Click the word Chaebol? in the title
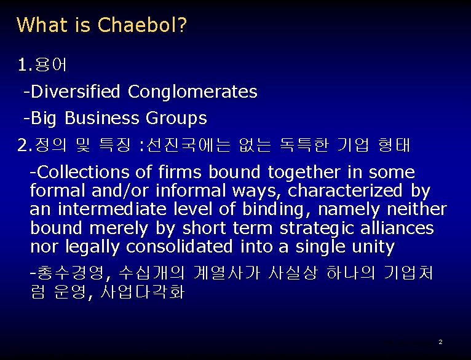(x=143, y=25)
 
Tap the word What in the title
(x=40, y=25)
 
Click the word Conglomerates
(x=192, y=92)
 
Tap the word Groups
(x=176, y=118)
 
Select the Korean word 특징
(x=117, y=146)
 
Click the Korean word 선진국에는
(x=189, y=146)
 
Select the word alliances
(x=397, y=229)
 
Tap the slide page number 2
(x=441, y=342)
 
